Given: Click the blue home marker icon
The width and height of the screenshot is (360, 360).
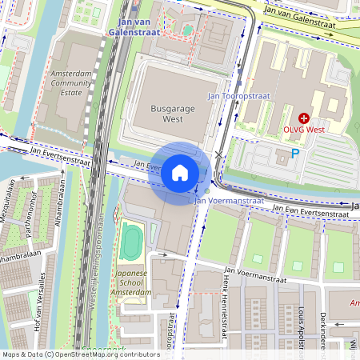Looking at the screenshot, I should point(180,173).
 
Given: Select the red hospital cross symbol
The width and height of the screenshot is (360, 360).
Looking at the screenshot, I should point(304,117).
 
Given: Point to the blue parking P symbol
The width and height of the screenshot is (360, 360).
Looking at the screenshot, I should point(295,154).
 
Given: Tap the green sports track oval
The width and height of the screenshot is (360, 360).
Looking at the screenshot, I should point(129,242).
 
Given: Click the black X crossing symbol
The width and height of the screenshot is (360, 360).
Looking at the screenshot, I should point(219,155).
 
